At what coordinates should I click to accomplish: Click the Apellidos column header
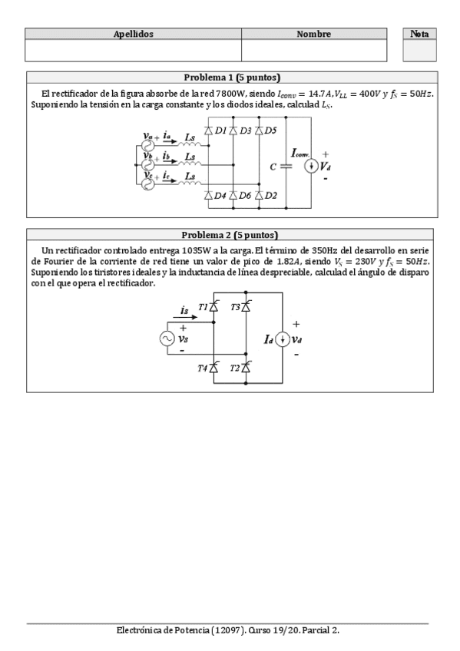click(134, 35)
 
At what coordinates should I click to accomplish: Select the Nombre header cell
click(313, 35)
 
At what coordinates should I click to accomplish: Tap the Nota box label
click(419, 35)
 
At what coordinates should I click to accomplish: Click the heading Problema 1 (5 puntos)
click(232, 78)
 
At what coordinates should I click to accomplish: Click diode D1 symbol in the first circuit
click(209, 131)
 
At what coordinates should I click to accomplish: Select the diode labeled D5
click(259, 131)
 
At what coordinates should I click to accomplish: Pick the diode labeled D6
click(233, 195)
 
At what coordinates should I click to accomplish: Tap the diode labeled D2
click(259, 195)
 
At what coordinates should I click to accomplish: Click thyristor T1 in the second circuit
click(215, 307)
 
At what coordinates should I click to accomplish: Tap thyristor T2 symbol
click(246, 368)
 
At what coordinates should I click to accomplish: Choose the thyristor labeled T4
click(215, 368)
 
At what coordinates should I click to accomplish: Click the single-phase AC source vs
click(167, 339)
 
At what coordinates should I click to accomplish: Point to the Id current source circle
click(282, 339)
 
